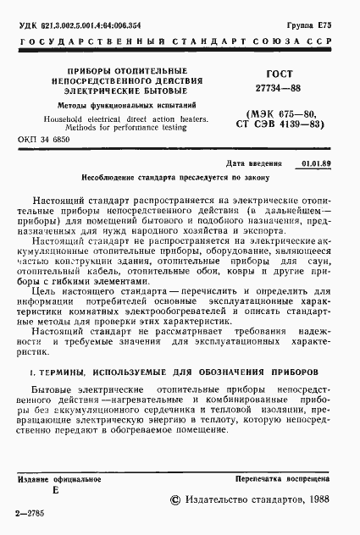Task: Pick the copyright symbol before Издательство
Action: (175, 501)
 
